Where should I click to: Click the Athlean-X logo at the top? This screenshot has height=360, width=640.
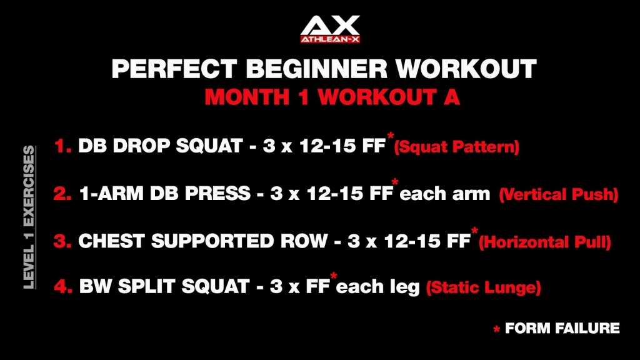pyautogui.click(x=329, y=29)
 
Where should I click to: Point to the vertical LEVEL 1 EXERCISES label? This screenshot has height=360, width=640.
pyautogui.click(x=28, y=217)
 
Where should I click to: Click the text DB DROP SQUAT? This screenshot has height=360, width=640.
pyautogui.click(x=159, y=147)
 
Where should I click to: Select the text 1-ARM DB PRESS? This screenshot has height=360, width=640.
pyautogui.click(x=165, y=194)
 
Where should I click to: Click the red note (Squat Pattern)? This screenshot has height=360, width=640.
pyautogui.click(x=456, y=148)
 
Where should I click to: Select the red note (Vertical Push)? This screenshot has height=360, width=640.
pyautogui.click(x=558, y=195)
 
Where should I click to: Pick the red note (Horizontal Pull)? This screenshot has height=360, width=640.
pyautogui.click(x=544, y=242)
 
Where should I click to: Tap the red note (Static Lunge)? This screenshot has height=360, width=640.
pyautogui.click(x=483, y=289)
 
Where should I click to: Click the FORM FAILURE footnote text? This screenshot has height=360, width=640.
pyautogui.click(x=562, y=328)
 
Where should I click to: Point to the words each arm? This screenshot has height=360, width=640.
pyautogui.click(x=445, y=194)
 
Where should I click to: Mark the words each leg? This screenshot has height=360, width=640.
pyautogui.click(x=378, y=288)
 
